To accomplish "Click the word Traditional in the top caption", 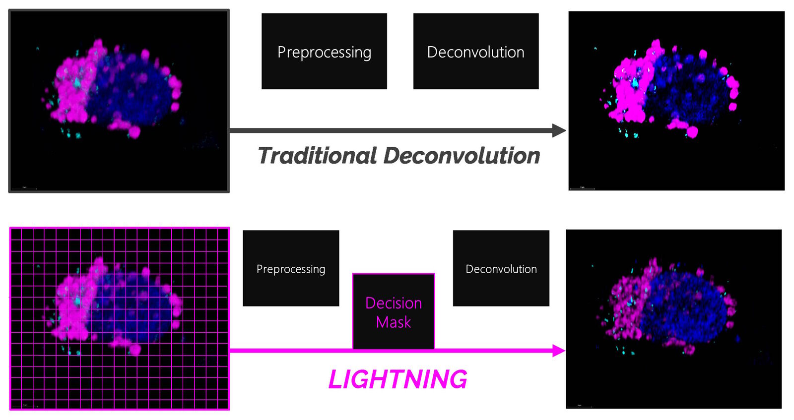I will [x=318, y=156].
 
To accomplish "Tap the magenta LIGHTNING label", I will [x=397, y=380].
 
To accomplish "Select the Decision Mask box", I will [x=394, y=311].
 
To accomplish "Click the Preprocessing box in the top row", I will [x=324, y=52].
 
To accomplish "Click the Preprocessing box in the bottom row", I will [x=291, y=268].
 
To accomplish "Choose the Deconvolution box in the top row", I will [x=475, y=52].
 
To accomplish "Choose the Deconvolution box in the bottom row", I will [x=501, y=268].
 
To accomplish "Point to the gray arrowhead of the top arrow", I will [x=559, y=130].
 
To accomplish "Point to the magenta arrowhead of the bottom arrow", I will [x=559, y=351].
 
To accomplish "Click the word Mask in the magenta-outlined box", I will [x=394, y=322].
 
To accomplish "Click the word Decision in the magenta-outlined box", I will [x=394, y=303].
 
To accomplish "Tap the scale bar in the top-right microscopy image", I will [x=582, y=188].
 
